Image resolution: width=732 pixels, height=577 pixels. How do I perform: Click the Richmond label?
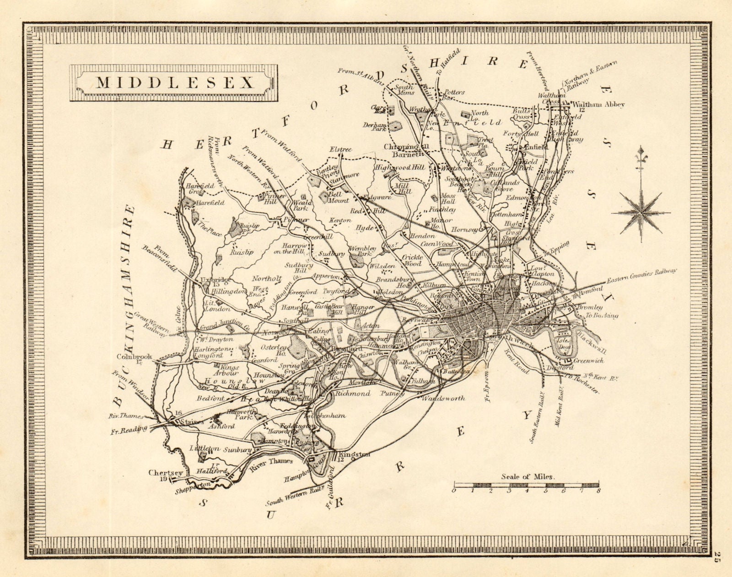[352, 393]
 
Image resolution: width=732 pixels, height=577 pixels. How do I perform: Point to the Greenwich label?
[589, 361]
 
